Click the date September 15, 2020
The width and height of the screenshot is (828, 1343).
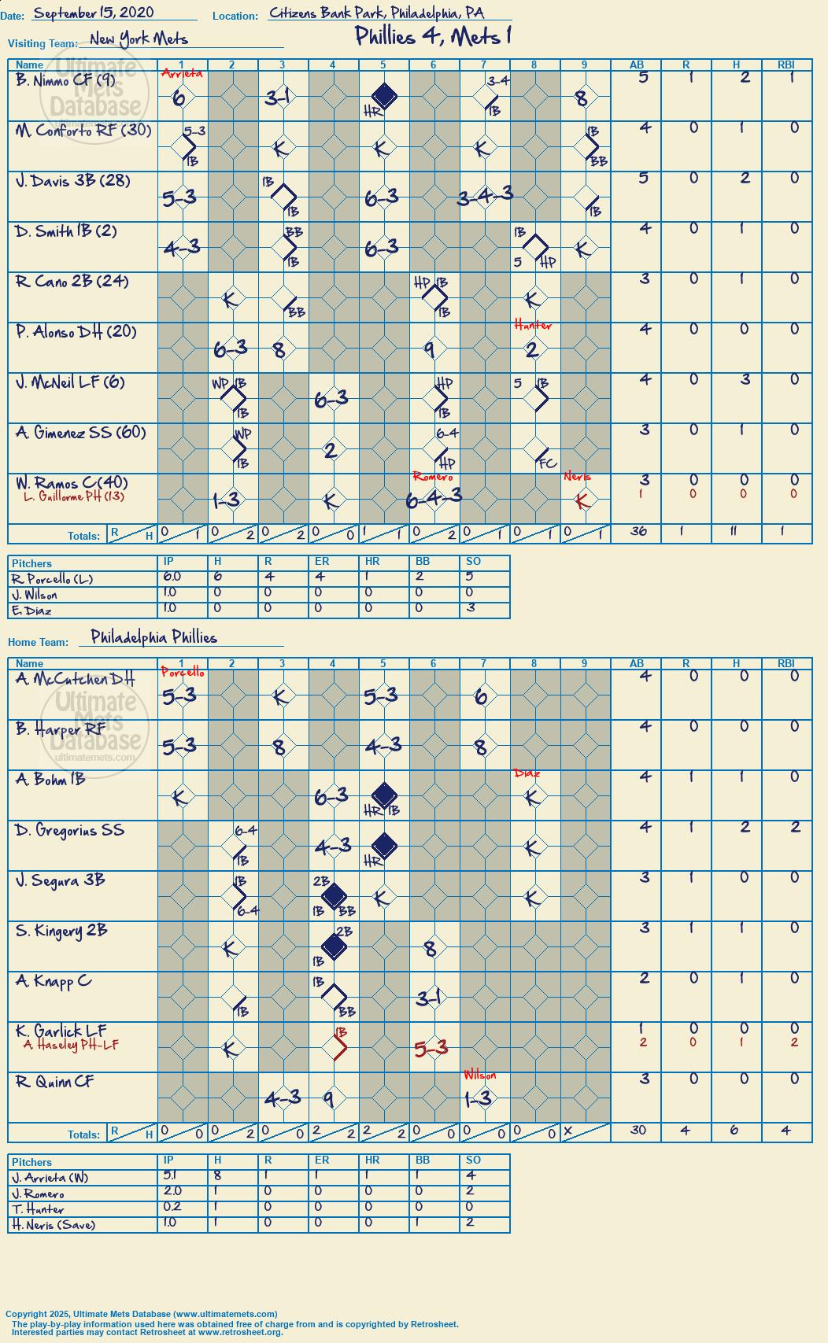point(94,13)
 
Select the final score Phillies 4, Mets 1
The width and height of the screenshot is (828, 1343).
point(433,36)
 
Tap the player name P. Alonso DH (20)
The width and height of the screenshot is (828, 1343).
point(76,331)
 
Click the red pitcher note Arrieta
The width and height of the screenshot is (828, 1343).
point(182,74)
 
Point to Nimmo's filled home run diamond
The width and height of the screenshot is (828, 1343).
point(383,95)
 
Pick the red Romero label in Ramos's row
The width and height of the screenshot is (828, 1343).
point(433,477)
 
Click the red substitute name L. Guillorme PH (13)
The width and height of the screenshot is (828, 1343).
point(74,496)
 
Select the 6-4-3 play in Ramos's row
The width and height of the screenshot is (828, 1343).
point(434,498)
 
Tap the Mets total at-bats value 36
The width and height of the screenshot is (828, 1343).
point(638,530)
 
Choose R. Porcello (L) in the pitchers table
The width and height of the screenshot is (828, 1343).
point(52,579)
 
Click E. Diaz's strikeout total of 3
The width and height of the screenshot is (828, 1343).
point(471,607)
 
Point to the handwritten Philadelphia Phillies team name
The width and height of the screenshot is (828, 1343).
point(153,636)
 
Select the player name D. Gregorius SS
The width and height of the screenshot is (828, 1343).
point(70,830)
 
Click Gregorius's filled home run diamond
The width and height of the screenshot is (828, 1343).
point(384,845)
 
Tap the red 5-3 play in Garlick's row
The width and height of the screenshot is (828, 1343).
point(431,1048)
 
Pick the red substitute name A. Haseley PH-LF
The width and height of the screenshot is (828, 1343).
point(71,1044)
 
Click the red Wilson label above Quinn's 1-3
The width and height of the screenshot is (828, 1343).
point(480,1075)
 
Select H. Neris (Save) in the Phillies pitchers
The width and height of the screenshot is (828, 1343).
point(54,1224)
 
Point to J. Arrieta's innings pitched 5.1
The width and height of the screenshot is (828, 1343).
point(170,1175)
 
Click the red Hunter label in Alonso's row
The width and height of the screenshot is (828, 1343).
point(533,326)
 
